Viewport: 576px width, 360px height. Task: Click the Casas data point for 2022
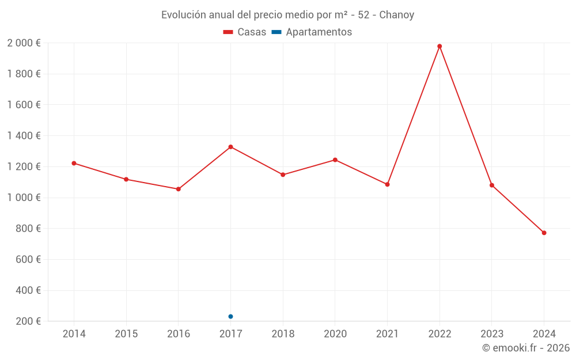coord(439,46)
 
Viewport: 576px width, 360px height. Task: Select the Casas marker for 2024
coord(544,233)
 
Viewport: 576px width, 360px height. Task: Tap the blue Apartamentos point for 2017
coord(230,316)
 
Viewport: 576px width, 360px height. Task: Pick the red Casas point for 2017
coord(230,147)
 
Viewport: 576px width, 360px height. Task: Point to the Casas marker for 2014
coord(74,163)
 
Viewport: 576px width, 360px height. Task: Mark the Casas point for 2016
coord(179,189)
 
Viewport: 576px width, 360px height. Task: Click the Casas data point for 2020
coord(335,160)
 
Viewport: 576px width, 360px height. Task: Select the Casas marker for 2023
coord(492,185)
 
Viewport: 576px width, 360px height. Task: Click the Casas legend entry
coord(245,32)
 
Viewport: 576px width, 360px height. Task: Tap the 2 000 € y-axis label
coord(24,43)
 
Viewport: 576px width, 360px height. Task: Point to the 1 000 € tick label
coord(24,198)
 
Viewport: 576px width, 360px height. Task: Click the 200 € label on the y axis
coord(28,321)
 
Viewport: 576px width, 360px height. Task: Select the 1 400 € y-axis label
coord(24,136)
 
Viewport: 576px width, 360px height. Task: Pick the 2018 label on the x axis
coord(283,334)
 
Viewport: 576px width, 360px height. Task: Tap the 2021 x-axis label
coord(387,334)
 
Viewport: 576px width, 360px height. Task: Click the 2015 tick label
coord(126,334)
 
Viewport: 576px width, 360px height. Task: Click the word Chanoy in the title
coord(397,15)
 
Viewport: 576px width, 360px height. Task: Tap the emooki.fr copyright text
coord(526,348)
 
